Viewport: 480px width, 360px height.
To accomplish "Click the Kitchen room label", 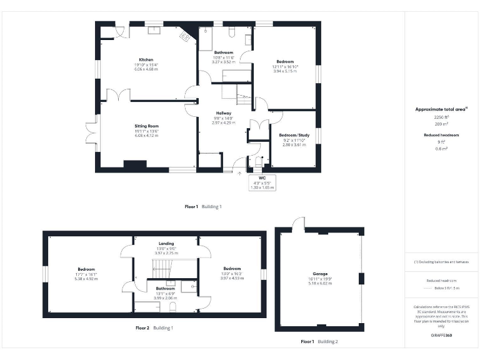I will pyautogui.click(x=146, y=60).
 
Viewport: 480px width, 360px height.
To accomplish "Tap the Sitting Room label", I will pyautogui.click(x=146, y=126).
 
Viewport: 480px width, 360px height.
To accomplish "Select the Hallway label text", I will pyautogui.click(x=224, y=113).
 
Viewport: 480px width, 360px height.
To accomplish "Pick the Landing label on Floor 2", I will pyautogui.click(x=166, y=243).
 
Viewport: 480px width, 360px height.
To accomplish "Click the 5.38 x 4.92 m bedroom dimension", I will pyautogui.click(x=87, y=279).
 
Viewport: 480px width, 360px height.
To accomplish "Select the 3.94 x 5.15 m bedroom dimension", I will pyautogui.click(x=285, y=71).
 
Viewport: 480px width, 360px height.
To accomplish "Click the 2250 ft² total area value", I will pyautogui.click(x=441, y=117).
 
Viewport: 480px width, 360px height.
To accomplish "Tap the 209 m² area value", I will pyautogui.click(x=441, y=124).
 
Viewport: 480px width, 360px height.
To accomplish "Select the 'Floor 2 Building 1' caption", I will pyautogui.click(x=154, y=327).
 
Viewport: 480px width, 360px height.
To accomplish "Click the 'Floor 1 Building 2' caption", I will pyautogui.click(x=319, y=342).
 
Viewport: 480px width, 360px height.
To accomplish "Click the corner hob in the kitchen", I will pyautogui.click(x=186, y=37).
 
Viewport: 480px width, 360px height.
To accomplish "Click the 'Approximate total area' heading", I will pyautogui.click(x=441, y=109).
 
